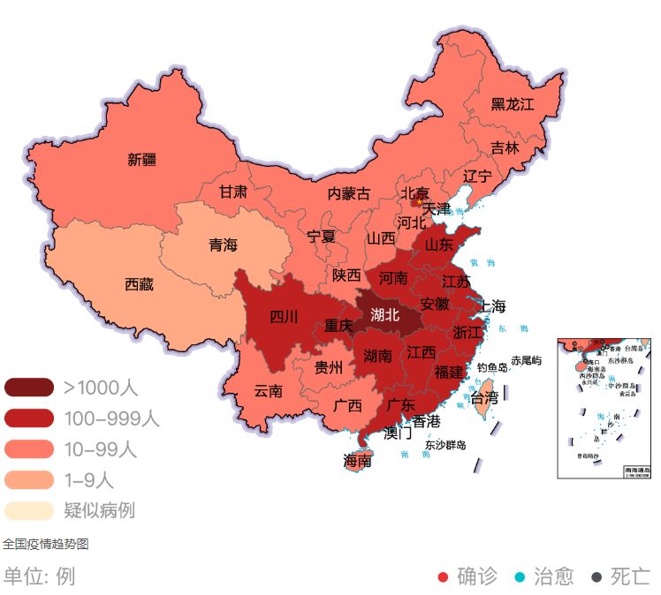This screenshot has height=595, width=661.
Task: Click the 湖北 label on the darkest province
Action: (x=385, y=313)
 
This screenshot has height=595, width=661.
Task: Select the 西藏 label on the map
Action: (x=139, y=284)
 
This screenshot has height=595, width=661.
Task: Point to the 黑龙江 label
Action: (x=513, y=104)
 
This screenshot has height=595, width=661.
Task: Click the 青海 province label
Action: (x=223, y=245)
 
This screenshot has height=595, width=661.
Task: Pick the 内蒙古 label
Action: (x=348, y=193)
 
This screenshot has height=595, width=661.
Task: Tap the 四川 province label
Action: (x=284, y=317)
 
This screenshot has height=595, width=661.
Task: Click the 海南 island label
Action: (x=357, y=461)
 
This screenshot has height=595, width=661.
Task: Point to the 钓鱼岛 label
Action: (x=492, y=367)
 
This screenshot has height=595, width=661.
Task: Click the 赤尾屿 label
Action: (x=526, y=361)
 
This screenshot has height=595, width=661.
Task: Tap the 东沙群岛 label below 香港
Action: (x=445, y=444)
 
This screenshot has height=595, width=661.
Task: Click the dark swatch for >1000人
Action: (x=29, y=387)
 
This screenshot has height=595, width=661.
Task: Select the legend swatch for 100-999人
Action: (x=29, y=418)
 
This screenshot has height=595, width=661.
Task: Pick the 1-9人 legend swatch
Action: (x=29, y=480)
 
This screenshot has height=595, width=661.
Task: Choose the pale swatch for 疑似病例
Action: (x=29, y=511)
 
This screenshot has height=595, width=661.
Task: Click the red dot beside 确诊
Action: (x=444, y=577)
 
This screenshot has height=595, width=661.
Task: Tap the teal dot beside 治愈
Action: (x=520, y=577)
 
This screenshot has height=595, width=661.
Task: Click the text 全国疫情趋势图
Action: (x=45, y=544)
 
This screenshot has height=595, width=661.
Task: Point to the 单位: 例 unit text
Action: (x=39, y=576)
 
